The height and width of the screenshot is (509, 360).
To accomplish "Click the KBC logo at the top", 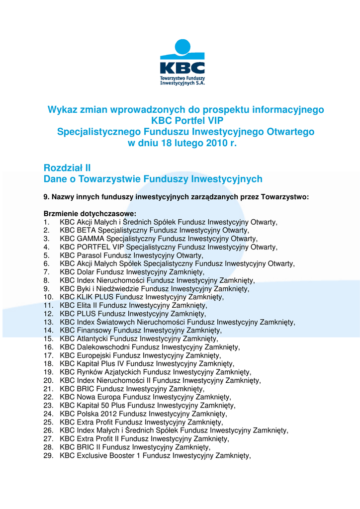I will pyautogui.click(x=182, y=62).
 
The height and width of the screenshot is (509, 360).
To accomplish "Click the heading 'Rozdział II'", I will pyautogui.click(x=67, y=168).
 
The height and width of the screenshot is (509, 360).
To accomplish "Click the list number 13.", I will pyautogui.click(x=48, y=322).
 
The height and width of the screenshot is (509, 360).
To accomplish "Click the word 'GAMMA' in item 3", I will pyautogui.click(x=90, y=239).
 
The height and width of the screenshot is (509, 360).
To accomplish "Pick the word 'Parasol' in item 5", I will pyautogui.click(x=89, y=255).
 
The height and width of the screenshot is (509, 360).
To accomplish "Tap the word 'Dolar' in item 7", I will pyautogui.click(x=86, y=272).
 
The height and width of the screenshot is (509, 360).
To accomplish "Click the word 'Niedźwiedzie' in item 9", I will pyautogui.click(x=119, y=289).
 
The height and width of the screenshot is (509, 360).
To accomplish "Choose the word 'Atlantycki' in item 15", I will pyautogui.click(x=92, y=339).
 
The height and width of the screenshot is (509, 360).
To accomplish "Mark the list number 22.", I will pyautogui.click(x=48, y=397).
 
